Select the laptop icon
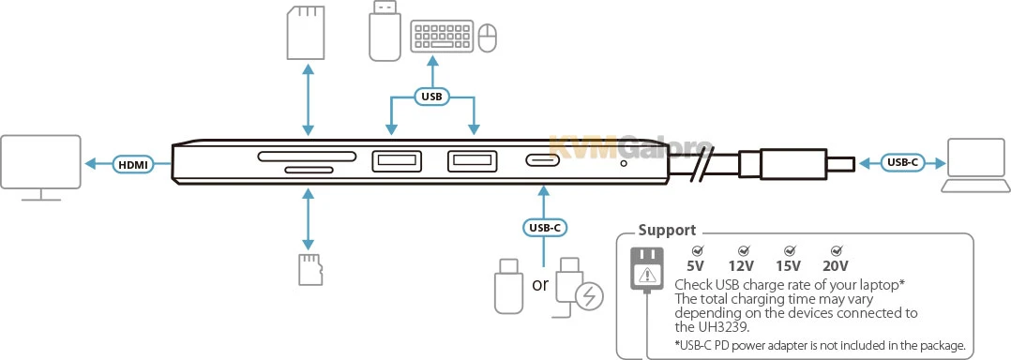point(975,166)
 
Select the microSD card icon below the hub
point(310,269)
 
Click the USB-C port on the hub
point(544,160)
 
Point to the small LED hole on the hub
point(623,163)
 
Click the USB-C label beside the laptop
point(902,163)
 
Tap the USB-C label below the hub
point(544,227)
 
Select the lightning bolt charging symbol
point(590,296)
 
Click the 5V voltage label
point(696,265)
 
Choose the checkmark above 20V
point(837,250)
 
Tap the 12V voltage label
point(742,265)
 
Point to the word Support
point(667,230)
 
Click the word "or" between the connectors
point(540,284)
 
